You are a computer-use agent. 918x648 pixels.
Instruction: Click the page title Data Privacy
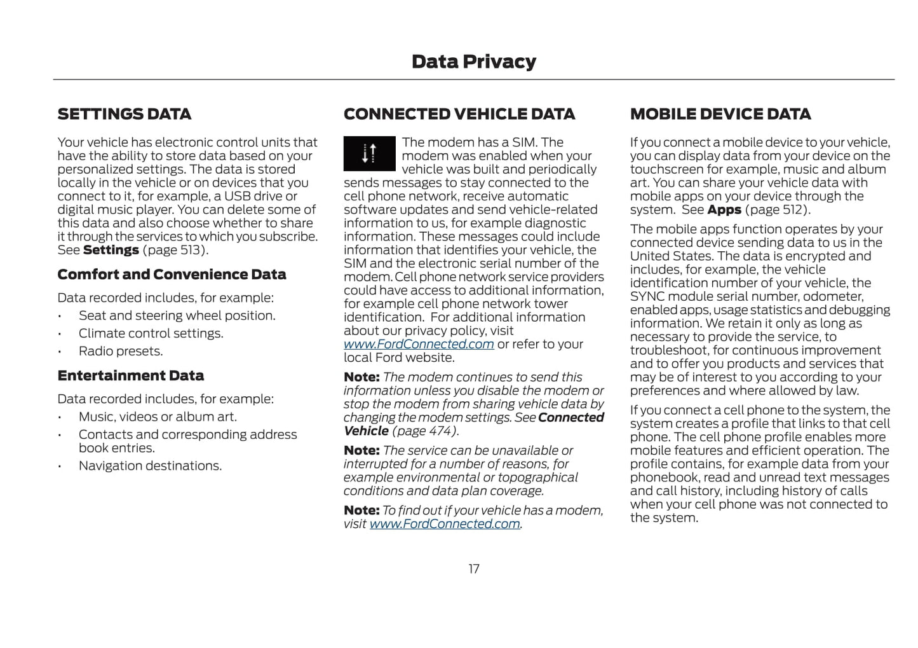(473, 62)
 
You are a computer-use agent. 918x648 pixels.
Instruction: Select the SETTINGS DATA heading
(124, 114)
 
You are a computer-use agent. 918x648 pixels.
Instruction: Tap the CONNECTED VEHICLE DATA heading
(459, 114)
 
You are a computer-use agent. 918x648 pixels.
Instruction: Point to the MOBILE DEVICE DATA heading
(720, 114)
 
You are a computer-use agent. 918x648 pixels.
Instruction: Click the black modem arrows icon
(369, 154)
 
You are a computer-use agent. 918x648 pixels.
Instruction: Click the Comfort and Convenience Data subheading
(172, 275)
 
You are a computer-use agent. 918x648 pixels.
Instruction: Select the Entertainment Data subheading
(130, 376)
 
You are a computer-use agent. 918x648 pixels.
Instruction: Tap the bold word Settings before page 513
(111, 250)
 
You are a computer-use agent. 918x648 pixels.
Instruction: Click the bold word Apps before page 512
(724, 210)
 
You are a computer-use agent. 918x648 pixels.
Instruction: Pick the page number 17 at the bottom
(474, 569)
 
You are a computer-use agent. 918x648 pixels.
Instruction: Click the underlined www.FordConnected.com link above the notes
(419, 344)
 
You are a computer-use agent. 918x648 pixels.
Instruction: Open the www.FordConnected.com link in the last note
(445, 524)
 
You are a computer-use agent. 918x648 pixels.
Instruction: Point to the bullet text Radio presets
(121, 351)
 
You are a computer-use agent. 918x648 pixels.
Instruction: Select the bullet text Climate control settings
(151, 333)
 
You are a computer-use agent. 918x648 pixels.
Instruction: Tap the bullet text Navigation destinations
(150, 465)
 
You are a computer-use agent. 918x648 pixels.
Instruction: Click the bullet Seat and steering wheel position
(177, 315)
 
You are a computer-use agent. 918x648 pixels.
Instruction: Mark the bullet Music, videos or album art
(158, 417)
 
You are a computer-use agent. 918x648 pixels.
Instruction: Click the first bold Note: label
(361, 377)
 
